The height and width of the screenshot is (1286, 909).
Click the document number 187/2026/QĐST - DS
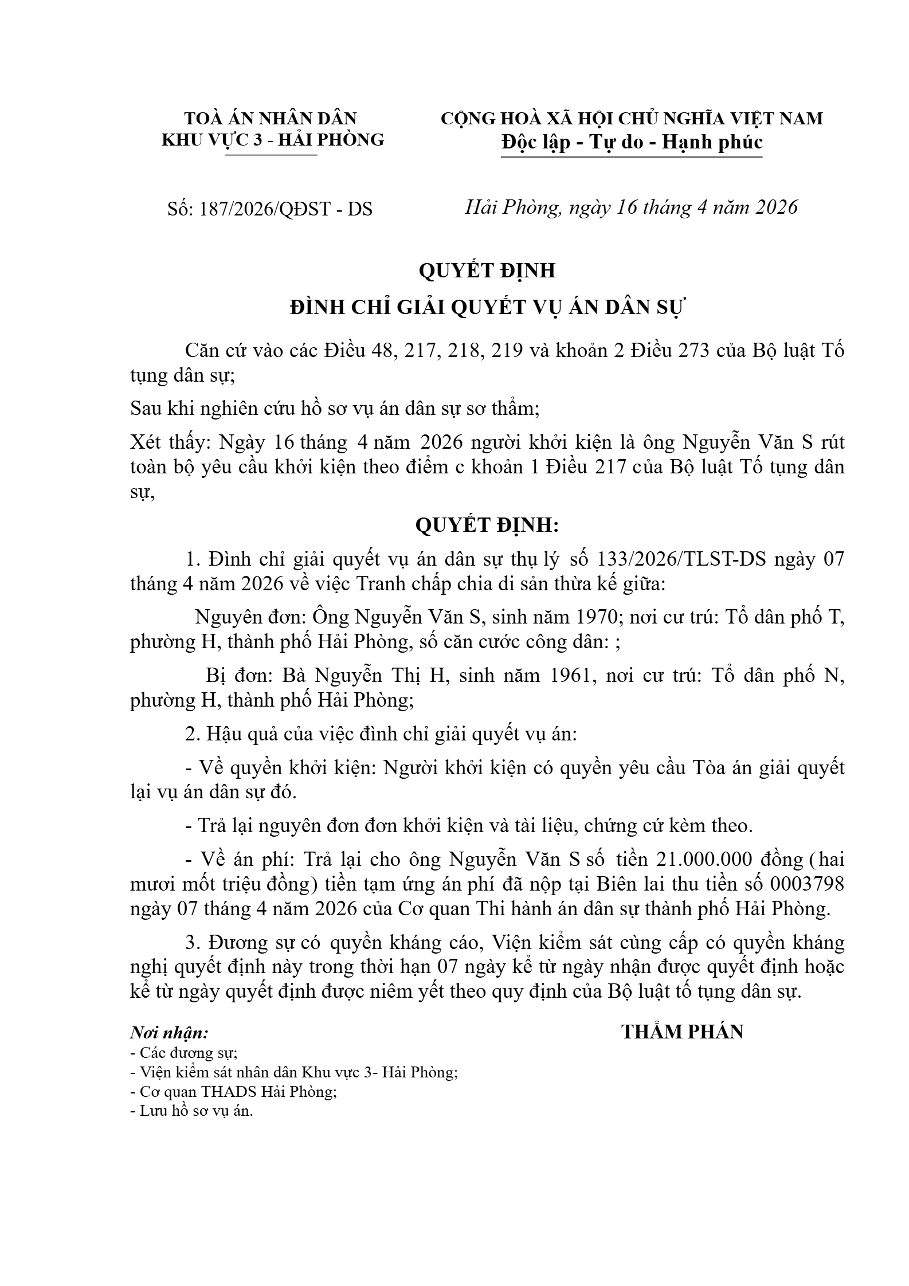(285, 209)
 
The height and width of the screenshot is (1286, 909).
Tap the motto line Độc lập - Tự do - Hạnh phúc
(632, 142)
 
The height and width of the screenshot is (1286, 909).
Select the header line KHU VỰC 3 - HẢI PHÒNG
(273, 139)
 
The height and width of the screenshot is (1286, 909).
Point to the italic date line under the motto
(631, 207)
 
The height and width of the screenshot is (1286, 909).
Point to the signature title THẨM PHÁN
(682, 1032)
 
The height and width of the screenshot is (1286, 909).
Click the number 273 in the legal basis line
(698, 351)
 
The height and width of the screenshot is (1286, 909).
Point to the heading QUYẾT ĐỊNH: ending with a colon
(487, 525)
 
